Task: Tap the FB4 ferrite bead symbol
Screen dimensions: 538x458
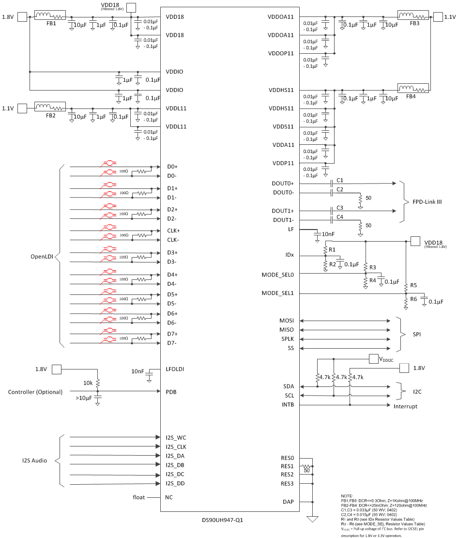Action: click(x=413, y=89)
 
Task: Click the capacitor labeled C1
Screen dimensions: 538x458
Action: click(x=333, y=184)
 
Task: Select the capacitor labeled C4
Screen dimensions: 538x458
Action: click(x=333, y=220)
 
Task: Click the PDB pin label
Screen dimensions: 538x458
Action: click(x=171, y=392)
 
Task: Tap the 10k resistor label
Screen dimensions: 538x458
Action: click(x=87, y=383)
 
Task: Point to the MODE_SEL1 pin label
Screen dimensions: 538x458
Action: click(x=281, y=293)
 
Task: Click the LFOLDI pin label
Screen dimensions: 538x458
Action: click(x=175, y=369)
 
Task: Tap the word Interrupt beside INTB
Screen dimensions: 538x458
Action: click(x=405, y=406)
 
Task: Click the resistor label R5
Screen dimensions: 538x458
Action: click(x=413, y=285)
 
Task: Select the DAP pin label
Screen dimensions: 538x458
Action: click(x=288, y=502)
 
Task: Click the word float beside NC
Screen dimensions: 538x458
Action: click(x=139, y=497)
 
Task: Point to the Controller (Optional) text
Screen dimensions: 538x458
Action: click(x=35, y=392)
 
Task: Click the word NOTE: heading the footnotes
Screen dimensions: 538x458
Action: click(x=348, y=496)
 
